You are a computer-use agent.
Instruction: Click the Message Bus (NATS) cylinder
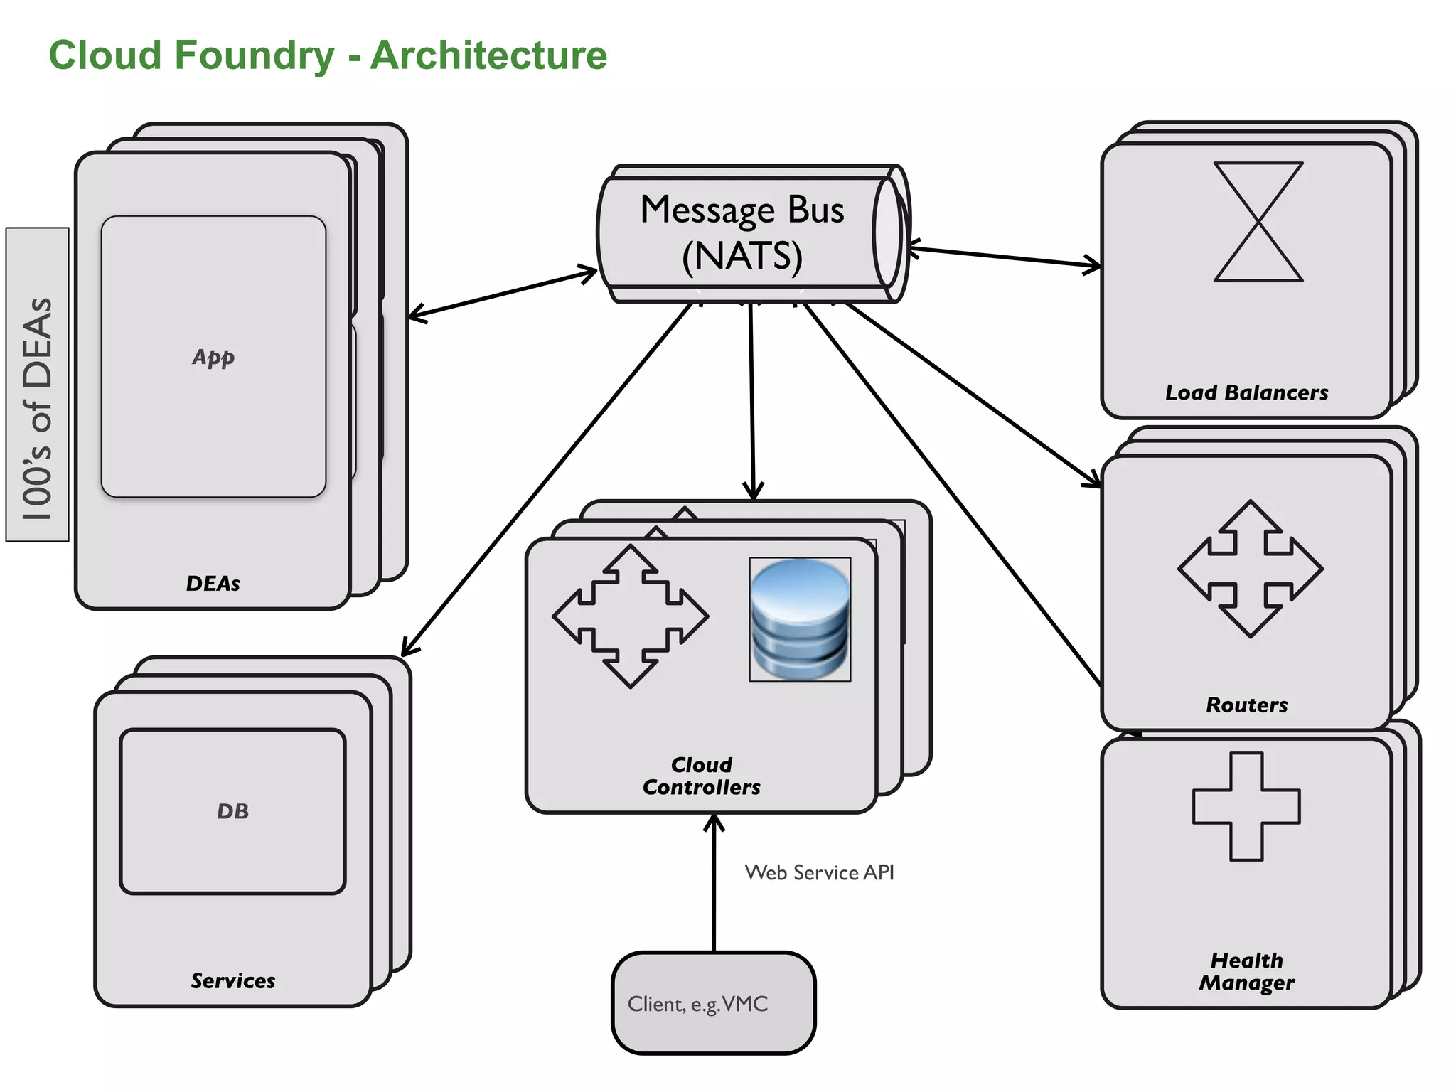[x=743, y=233]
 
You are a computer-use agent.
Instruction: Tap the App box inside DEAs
[x=213, y=356]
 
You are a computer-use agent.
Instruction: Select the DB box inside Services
[x=232, y=811]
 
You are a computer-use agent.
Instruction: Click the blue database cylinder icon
[x=800, y=619]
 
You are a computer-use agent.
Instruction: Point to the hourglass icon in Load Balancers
[x=1258, y=222]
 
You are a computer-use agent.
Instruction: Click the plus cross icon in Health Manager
[x=1246, y=806]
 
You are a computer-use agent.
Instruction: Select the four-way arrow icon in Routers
[x=1250, y=569]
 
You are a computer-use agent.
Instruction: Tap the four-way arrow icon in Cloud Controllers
[x=630, y=616]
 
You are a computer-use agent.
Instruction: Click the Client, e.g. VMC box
[x=713, y=1003]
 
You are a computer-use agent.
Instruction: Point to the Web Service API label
[x=819, y=872]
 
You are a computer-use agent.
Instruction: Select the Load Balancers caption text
[x=1246, y=392]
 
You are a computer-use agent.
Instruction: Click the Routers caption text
[x=1246, y=705]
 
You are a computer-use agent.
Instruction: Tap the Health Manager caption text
[x=1246, y=971]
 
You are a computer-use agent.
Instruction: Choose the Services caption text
[x=232, y=980]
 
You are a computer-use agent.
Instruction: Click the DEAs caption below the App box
[x=213, y=583]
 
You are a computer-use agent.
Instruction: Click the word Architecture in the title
[x=488, y=55]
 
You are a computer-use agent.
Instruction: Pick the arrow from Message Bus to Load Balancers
[x=1004, y=257]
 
